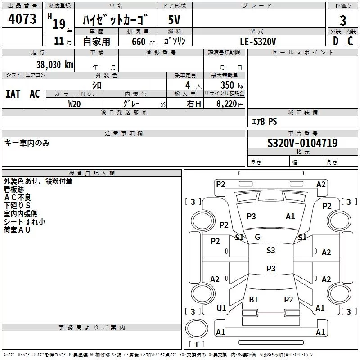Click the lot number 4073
[x=22, y=19]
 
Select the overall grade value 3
[x=343, y=21]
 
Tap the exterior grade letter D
[x=336, y=41]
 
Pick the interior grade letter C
[x=350, y=41]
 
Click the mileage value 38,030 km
[x=55, y=65]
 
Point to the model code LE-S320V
[x=258, y=41]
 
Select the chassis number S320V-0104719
[x=302, y=143]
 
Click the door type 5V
[x=174, y=20]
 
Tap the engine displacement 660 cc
[x=143, y=41]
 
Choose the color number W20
[x=75, y=104]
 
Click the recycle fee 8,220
[x=226, y=104]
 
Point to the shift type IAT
[x=13, y=94]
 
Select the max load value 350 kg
[x=232, y=85]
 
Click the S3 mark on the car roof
[x=271, y=250]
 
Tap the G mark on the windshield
[x=257, y=237]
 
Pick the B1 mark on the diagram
[x=253, y=299]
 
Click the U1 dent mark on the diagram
[x=221, y=308]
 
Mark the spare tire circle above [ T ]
[x=197, y=328]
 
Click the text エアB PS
[x=264, y=121]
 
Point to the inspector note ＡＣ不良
[x=18, y=198]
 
